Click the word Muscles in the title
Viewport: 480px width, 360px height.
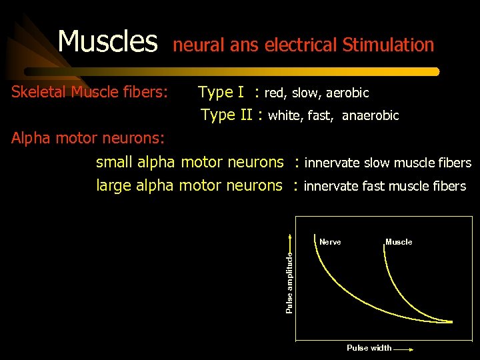(107, 41)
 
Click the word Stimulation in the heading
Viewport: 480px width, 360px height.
(388, 45)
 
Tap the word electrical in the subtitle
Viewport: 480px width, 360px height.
(301, 45)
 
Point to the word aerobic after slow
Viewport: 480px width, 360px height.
(347, 93)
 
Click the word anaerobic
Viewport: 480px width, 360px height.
(370, 116)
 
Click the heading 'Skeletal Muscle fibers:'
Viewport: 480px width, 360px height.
(89, 92)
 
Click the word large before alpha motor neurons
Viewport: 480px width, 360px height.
(113, 185)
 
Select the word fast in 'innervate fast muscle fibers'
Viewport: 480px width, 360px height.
(373, 186)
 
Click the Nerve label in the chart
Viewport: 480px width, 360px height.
(330, 242)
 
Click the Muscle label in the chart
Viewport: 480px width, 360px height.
(399, 242)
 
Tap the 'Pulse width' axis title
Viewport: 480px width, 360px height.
(369, 348)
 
